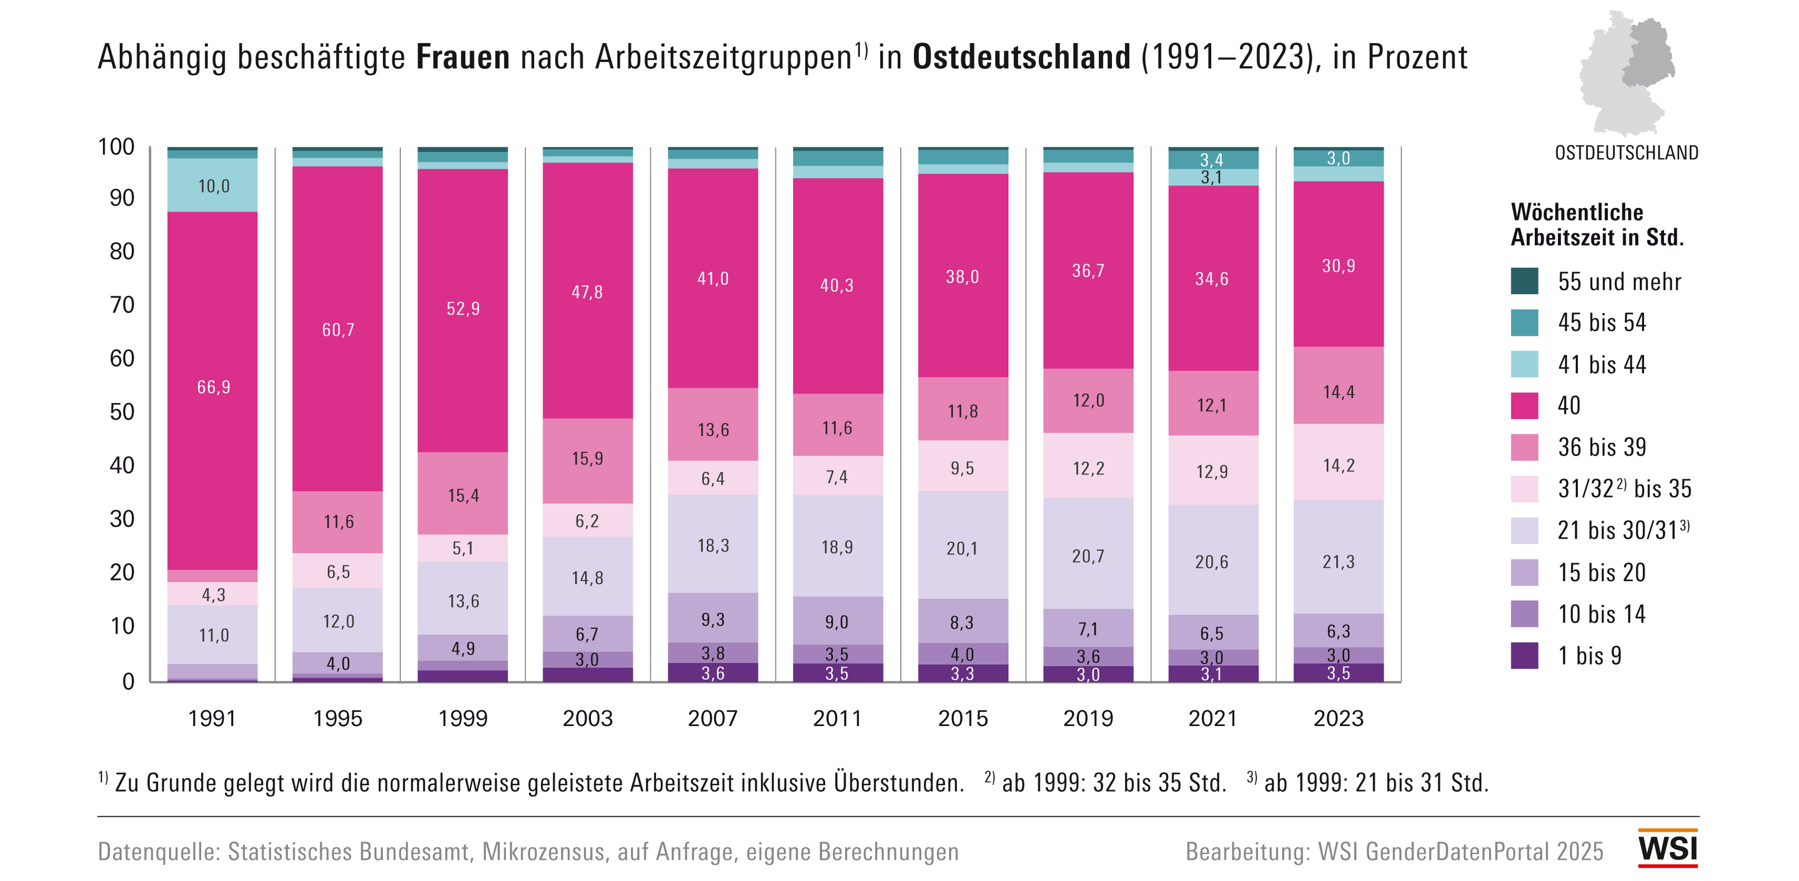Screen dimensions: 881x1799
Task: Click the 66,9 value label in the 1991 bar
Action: [213, 387]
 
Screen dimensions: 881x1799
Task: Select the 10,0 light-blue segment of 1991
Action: [213, 186]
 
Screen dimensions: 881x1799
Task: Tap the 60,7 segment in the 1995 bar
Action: [338, 330]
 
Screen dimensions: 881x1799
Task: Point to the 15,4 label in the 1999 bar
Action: [463, 496]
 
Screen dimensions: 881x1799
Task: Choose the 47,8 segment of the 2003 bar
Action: [587, 292]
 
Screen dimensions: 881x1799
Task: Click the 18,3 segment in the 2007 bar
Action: [713, 545]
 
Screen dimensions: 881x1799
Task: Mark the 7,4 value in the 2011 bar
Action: [836, 477]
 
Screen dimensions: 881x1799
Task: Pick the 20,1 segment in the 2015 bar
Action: [963, 549]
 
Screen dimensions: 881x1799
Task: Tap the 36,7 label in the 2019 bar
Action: [1088, 271]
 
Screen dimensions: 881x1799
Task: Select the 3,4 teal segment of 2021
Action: [1212, 160]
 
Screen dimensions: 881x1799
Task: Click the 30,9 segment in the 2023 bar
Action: [1338, 266]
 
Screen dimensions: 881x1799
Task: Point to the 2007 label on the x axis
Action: [712, 718]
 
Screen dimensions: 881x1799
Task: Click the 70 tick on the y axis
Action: [122, 305]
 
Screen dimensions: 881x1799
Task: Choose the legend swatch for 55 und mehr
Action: [1524, 281]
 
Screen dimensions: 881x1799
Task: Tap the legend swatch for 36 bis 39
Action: [1524, 447]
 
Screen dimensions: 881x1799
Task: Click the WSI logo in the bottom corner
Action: [1667, 847]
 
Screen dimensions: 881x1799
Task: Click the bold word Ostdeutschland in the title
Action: [1021, 57]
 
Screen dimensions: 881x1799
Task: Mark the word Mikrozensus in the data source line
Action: [543, 852]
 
